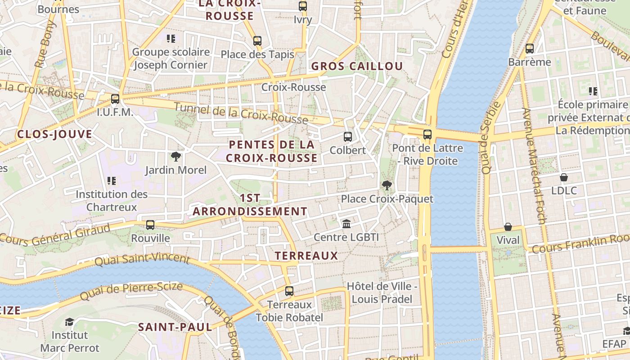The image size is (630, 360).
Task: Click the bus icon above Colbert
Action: (347, 137)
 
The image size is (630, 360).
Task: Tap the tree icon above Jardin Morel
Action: (175, 157)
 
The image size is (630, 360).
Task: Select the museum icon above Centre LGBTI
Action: (346, 224)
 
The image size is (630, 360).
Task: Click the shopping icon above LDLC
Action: (564, 177)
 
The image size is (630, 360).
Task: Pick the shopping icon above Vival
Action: (508, 227)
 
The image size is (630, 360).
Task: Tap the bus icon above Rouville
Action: (150, 225)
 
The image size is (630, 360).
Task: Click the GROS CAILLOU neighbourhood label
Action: (357, 66)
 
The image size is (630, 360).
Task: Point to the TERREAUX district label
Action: (306, 256)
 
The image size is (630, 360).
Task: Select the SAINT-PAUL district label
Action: (175, 327)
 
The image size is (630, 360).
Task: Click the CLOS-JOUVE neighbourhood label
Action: (54, 134)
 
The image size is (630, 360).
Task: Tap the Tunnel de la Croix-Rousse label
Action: (241, 113)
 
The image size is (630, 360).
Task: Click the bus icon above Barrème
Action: (530, 49)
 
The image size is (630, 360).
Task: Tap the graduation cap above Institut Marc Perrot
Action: (69, 322)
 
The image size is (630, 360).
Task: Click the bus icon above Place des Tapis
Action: (257, 41)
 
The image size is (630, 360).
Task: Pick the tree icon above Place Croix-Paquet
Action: (387, 185)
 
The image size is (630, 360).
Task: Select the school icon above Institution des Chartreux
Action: (112, 181)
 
